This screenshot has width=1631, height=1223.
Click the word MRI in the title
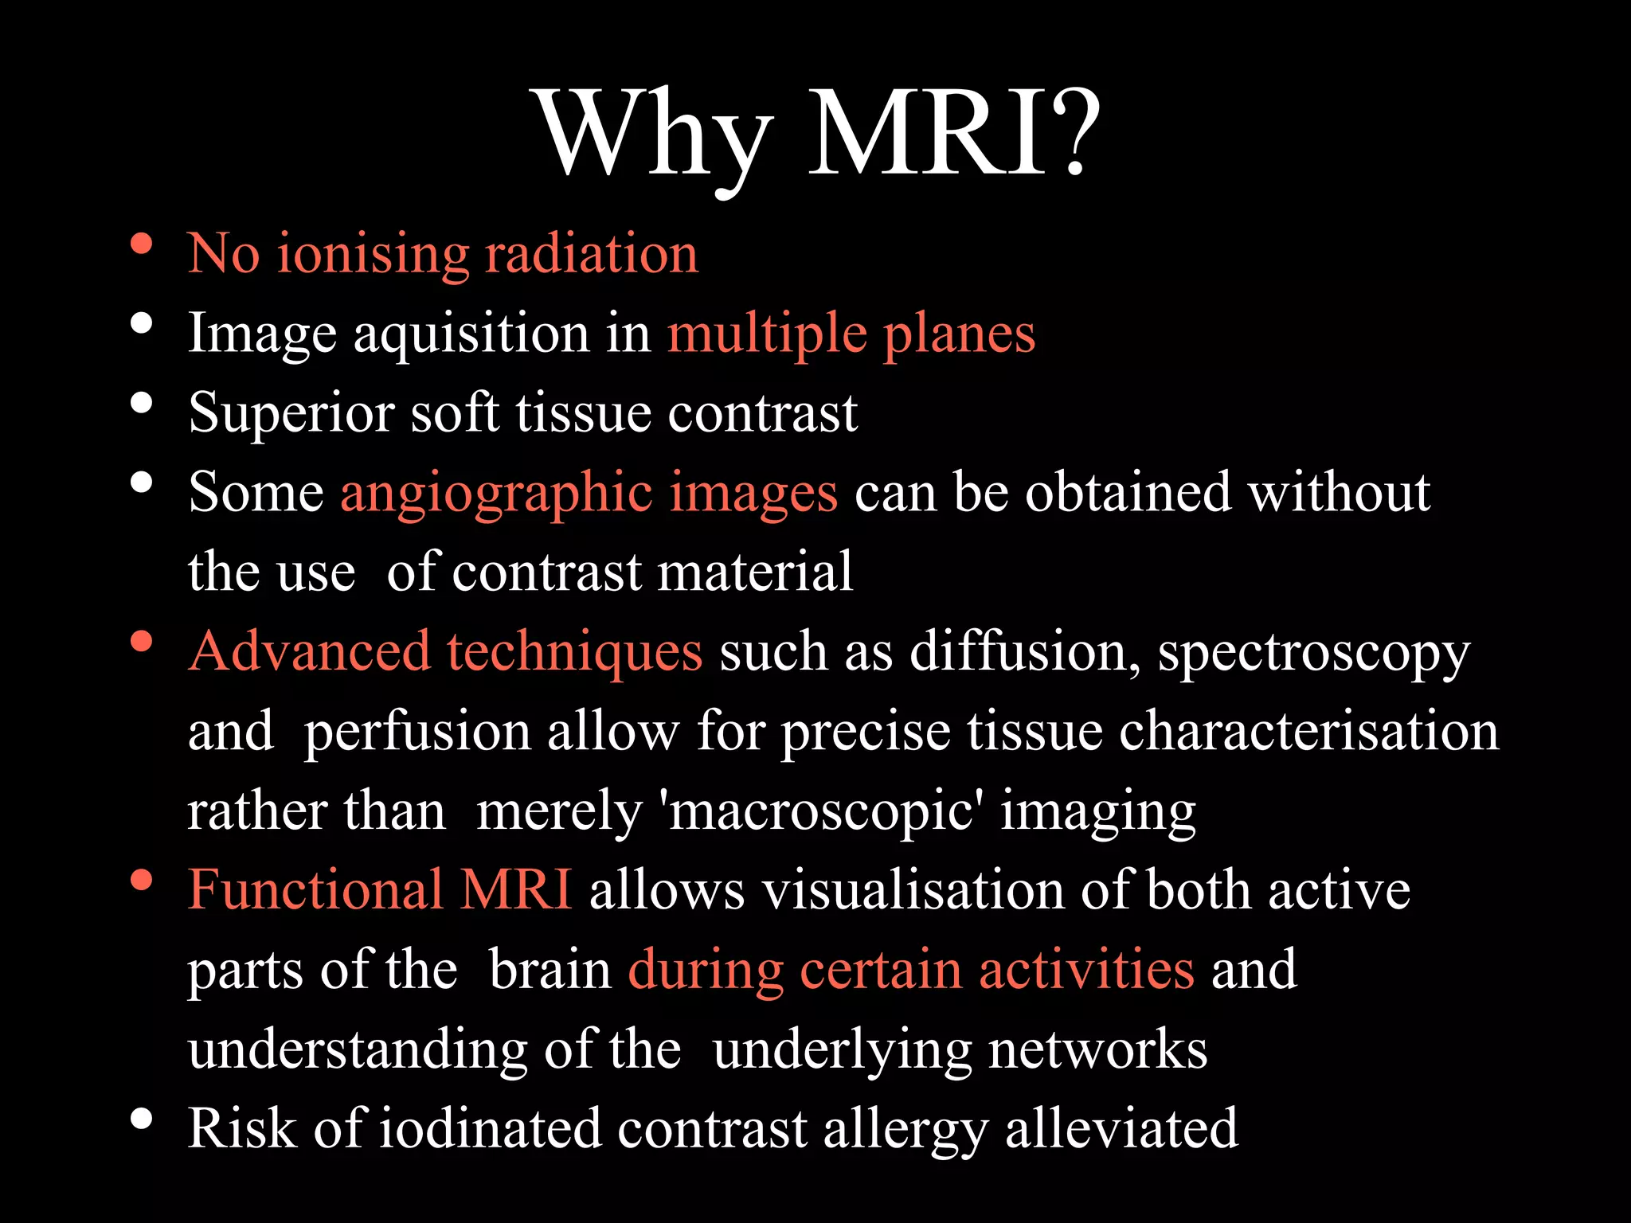click(928, 134)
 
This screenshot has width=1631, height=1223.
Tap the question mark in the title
click(1076, 134)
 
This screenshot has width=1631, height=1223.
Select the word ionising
click(373, 255)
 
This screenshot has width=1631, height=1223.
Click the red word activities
click(1086, 970)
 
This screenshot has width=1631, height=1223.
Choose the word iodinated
click(489, 1129)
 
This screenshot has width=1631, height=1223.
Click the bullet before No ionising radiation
click(142, 244)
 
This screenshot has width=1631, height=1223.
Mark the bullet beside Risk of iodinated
click(142, 1119)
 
